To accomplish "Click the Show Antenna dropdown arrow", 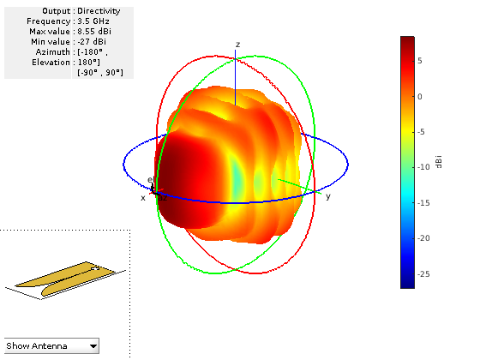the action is point(93,346).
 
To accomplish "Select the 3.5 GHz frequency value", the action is point(93,21).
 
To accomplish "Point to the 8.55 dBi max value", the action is point(94,32).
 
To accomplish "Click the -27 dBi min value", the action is point(92,42).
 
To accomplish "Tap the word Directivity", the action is point(99,11).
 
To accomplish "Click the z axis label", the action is point(238,45).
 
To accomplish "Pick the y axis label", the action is point(327,196).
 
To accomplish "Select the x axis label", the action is point(143,198).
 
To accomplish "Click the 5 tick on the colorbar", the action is point(420,61).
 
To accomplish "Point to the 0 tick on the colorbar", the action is point(420,97).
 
